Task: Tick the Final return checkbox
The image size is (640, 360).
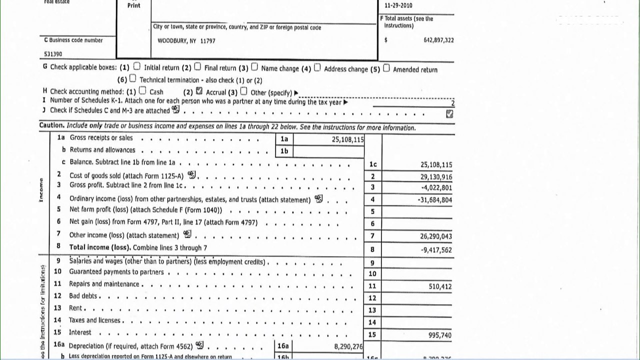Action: pos(197,67)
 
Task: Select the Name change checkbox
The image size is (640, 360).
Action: pos(254,67)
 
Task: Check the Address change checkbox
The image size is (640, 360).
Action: pos(317,68)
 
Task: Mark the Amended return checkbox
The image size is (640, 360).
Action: pos(386,68)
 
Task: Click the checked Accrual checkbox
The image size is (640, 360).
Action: pos(199,91)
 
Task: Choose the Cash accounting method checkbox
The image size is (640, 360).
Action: pos(142,91)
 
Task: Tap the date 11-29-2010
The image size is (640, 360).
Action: pos(399,5)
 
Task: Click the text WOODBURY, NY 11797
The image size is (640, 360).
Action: pos(186,41)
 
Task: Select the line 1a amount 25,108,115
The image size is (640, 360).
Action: pos(347,140)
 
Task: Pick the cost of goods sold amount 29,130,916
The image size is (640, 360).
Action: pos(436,177)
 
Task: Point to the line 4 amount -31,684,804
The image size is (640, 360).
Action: pos(434,200)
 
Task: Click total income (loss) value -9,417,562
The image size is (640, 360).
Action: pos(436,250)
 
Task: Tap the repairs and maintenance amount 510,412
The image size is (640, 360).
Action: pos(440,286)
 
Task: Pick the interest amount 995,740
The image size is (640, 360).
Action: pos(440,335)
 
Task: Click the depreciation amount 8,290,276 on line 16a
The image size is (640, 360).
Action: pos(348,345)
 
